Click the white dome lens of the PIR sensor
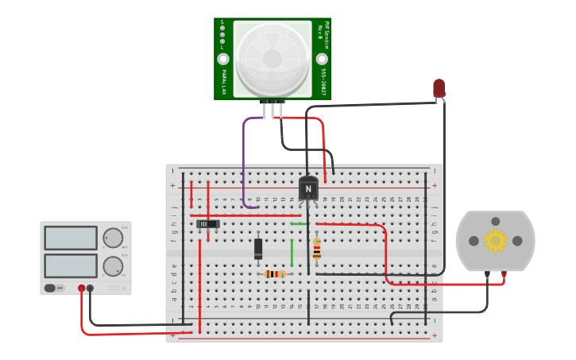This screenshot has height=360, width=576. pos(273,57)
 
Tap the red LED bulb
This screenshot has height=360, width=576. pos(439,87)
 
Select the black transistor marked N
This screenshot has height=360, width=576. pos(308,188)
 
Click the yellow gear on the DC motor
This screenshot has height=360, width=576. pos(495,240)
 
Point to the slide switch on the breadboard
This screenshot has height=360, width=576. pos(208,224)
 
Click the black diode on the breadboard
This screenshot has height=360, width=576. pos(258,249)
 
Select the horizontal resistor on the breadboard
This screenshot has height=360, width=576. pos(275,274)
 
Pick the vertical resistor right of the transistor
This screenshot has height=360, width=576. pos(317,249)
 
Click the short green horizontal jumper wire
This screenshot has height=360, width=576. pos(300,224)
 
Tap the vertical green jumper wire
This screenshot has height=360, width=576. pos(292,253)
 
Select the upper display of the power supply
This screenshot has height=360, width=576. pos(71,238)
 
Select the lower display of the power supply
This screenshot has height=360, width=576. pos(71,265)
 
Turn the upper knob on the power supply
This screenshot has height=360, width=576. pos(114,238)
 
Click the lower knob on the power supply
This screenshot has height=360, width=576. pos(114,266)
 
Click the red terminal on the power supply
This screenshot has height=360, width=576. pos(81,288)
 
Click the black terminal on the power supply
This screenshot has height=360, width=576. pos(90,288)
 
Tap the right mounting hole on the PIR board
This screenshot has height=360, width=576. pos(322,59)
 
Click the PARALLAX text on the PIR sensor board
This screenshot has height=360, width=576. pos(222,82)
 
